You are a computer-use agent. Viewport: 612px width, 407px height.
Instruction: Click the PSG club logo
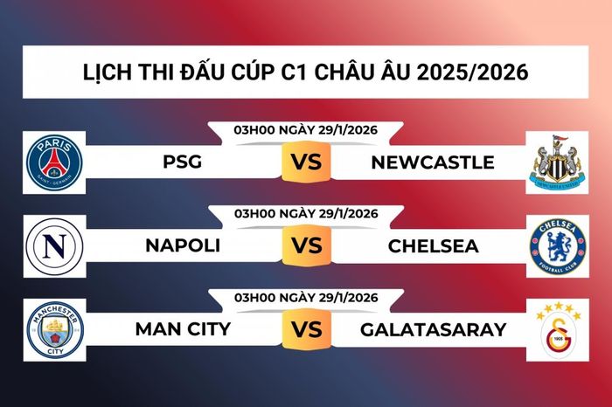[x=54, y=162]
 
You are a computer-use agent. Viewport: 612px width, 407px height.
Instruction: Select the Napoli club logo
[x=54, y=245]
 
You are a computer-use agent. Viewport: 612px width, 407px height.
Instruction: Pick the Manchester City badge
[x=54, y=329]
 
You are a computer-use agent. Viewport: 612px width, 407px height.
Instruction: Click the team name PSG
[x=182, y=162]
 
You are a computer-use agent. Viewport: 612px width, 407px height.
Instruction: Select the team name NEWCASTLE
[x=432, y=162]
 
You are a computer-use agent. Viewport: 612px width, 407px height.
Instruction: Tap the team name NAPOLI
[x=182, y=246]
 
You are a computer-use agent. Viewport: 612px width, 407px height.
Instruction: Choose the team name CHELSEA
[x=432, y=246]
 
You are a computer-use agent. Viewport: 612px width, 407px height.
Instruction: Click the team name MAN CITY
[x=182, y=330]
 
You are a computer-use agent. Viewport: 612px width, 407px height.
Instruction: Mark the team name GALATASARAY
[x=432, y=330]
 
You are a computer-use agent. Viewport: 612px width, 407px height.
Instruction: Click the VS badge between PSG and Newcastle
[x=306, y=162]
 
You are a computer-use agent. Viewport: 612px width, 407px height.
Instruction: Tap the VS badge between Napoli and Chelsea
[x=306, y=246]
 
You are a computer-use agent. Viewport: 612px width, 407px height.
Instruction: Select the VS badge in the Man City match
[x=306, y=330]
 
